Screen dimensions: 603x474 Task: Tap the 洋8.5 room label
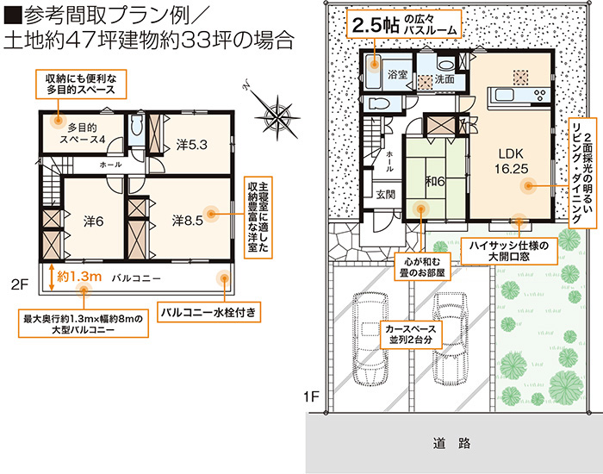tap(187, 221)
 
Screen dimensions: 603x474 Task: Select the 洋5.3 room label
tap(191, 145)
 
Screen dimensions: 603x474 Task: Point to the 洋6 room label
tap(93, 221)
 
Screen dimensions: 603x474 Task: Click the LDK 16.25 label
tap(511, 161)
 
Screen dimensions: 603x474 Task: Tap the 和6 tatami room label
tap(435, 181)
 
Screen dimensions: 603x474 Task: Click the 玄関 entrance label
tap(385, 195)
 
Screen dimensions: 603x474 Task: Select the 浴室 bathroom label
tap(397, 74)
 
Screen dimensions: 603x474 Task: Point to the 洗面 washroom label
tap(444, 79)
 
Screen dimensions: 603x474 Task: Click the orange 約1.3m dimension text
tap(79, 277)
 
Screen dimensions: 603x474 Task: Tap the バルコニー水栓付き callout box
tap(208, 312)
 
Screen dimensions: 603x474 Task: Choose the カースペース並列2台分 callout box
tap(411, 334)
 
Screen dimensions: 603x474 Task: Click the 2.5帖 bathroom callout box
tap(404, 24)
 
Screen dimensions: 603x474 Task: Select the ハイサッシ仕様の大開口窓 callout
tap(509, 251)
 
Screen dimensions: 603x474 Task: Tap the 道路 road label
tap(451, 443)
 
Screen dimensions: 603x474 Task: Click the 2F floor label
tap(20, 284)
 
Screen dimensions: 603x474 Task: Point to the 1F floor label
tap(312, 396)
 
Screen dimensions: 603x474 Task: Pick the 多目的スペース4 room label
tap(83, 133)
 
